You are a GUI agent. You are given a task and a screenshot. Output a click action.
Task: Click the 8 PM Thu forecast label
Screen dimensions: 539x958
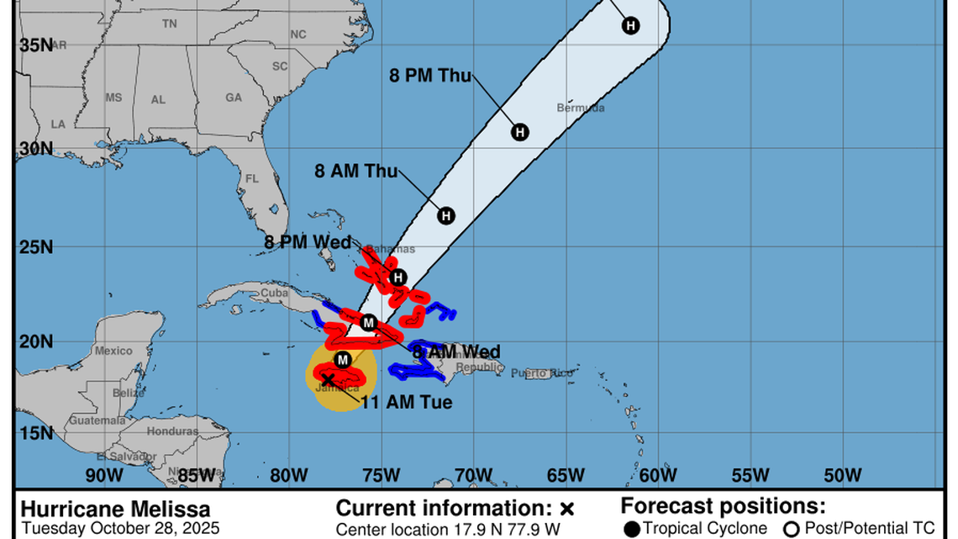tap(430, 75)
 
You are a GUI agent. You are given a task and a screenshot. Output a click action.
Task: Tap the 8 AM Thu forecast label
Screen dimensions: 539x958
tap(356, 171)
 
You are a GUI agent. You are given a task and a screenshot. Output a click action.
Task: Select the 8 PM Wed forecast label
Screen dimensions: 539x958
tap(308, 243)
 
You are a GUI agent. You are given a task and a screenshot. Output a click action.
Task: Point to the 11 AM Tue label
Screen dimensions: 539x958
tap(407, 403)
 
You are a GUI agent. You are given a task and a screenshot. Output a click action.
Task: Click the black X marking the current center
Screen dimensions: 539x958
tap(328, 380)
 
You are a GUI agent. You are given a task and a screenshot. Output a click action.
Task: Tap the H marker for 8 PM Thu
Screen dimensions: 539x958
tap(520, 132)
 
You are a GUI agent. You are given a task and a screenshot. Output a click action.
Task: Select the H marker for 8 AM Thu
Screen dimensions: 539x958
tap(446, 215)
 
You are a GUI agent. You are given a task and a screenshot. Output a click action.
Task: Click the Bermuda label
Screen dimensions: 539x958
tap(580, 108)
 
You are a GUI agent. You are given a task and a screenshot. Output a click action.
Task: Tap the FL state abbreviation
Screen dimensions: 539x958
tap(252, 178)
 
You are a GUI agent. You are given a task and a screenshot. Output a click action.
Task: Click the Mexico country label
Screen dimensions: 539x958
tap(113, 351)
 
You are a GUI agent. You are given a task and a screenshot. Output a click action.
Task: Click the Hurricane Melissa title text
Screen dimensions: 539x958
tap(116, 510)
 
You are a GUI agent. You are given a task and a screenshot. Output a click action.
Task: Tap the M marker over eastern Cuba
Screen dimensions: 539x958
tap(368, 322)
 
